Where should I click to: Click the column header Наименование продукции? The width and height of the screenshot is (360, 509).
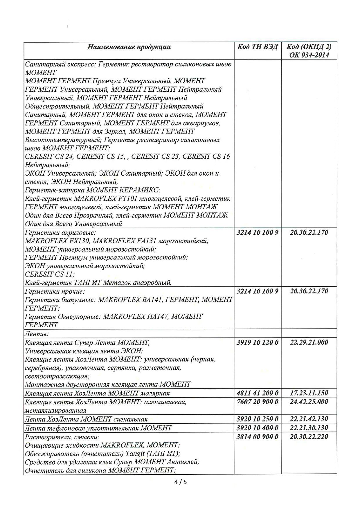tap(129, 47)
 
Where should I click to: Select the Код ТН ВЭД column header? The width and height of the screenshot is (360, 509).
tap(258, 47)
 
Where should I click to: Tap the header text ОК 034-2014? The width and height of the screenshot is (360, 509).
tap(309, 55)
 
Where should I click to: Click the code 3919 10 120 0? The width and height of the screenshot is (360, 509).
tap(258, 342)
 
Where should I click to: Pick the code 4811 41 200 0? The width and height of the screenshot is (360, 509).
tap(258, 393)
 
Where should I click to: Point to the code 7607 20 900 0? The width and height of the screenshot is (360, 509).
tap(258, 402)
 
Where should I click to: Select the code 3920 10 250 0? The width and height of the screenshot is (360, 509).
tap(258, 419)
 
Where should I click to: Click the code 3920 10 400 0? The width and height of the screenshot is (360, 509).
tap(258, 428)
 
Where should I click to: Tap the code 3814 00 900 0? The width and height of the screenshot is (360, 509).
tap(258, 436)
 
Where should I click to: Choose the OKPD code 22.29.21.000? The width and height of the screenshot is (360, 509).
tap(309, 342)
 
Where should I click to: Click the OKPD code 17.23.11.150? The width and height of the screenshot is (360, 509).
tap(309, 393)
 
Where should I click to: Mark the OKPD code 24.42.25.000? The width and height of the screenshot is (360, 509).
tap(309, 402)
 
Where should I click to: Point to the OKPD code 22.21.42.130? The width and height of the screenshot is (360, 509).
tap(309, 419)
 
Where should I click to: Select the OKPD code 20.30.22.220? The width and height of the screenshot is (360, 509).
tap(309, 436)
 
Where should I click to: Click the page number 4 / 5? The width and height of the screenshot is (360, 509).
tap(180, 482)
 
